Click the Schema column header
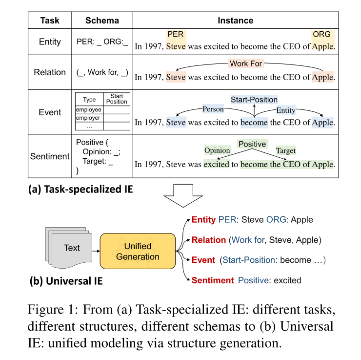tap(102, 21)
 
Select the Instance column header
tap(235, 21)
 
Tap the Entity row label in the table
tap(50, 42)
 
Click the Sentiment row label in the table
tap(50, 156)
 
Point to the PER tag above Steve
tap(175, 35)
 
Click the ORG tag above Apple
tap(322, 35)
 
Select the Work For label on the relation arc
tap(246, 64)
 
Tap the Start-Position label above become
tap(254, 100)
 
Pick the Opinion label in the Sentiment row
tap(217, 150)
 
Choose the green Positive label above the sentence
tap(252, 144)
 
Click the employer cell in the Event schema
tap(88, 118)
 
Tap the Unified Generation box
tap(138, 251)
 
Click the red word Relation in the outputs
tap(208, 240)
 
